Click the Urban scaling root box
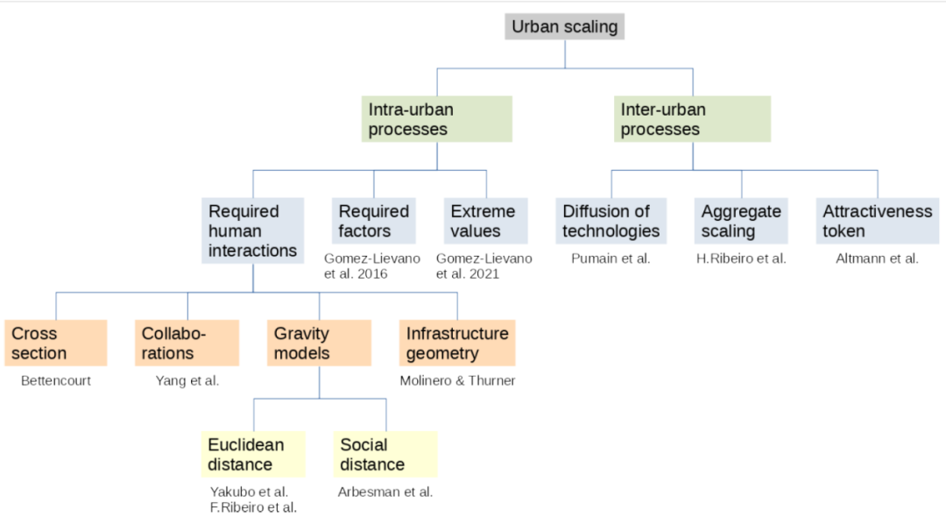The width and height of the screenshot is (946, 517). pyautogui.click(x=565, y=26)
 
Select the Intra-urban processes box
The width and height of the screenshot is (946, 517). pyautogui.click(x=437, y=119)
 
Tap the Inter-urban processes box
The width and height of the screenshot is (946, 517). pyautogui.click(x=692, y=119)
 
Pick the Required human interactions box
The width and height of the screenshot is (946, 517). pyautogui.click(x=252, y=230)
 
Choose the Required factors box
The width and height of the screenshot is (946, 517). pyautogui.click(x=374, y=221)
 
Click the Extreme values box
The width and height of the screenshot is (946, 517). pyautogui.click(x=486, y=221)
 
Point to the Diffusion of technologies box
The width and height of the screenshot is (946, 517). pyautogui.click(x=611, y=221)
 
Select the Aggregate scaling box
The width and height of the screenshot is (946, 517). pyautogui.click(x=741, y=221)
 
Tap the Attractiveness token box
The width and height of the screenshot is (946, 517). pyautogui.click(x=878, y=221)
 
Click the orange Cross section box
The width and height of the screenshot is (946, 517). pyautogui.click(x=56, y=343)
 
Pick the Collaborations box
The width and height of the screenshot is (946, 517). pyautogui.click(x=187, y=343)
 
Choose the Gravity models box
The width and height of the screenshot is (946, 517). pyautogui.click(x=319, y=343)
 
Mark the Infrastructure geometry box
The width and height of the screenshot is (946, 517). pyautogui.click(x=457, y=343)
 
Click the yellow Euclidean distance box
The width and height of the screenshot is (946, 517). pyautogui.click(x=253, y=454)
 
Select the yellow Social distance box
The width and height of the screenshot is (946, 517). pyautogui.click(x=385, y=454)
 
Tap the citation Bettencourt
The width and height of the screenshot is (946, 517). pyautogui.click(x=56, y=380)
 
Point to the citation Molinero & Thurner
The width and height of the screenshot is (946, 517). pyautogui.click(x=457, y=380)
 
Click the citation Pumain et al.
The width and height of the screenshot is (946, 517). pyautogui.click(x=611, y=258)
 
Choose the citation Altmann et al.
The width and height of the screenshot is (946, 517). pyautogui.click(x=877, y=258)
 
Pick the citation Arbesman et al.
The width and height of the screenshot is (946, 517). pyautogui.click(x=385, y=492)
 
